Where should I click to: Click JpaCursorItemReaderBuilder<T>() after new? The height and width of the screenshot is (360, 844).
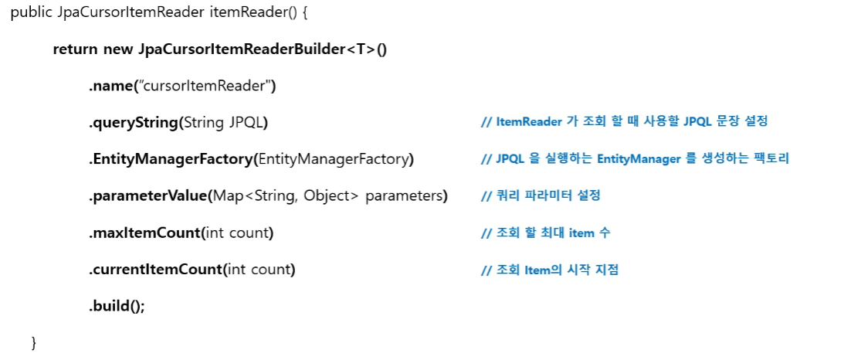tap(263, 49)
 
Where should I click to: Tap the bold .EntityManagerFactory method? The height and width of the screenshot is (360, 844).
tap(170, 159)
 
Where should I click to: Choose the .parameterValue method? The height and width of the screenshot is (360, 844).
tap(147, 195)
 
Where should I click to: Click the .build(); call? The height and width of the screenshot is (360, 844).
tap(117, 306)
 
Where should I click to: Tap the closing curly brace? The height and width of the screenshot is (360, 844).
tap(33, 341)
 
